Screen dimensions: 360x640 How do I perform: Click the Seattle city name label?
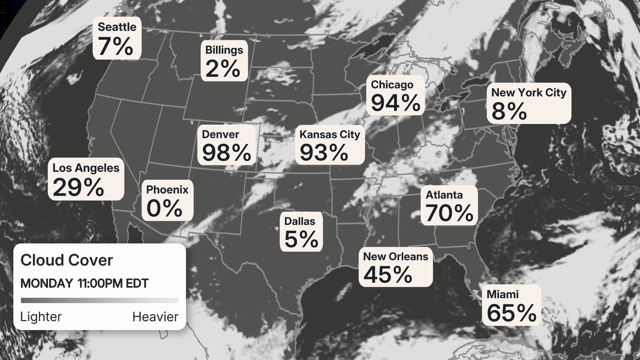coord(117,27)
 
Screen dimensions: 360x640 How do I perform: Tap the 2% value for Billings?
coord(222,68)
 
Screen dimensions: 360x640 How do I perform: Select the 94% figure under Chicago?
coord(396,102)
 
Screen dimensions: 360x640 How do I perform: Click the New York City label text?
coord(529,93)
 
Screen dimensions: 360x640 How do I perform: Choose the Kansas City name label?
coord(330,134)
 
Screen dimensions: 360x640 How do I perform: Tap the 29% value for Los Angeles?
coord(78,187)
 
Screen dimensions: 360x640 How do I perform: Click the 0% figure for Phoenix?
coord(164,208)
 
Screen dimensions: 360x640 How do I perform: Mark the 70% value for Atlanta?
coord(449,213)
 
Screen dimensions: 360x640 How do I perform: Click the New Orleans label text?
coord(395,257)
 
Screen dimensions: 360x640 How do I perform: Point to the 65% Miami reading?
coord(511,313)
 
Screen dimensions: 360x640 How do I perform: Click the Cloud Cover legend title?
coord(67,260)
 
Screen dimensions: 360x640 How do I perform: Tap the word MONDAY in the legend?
coord(46,283)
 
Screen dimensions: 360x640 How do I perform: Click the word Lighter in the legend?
coord(41,317)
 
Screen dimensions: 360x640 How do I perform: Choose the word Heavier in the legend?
coord(155,317)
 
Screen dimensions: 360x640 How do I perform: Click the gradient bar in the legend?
coord(99,300)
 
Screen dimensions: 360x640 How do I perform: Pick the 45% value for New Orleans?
coord(388,274)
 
